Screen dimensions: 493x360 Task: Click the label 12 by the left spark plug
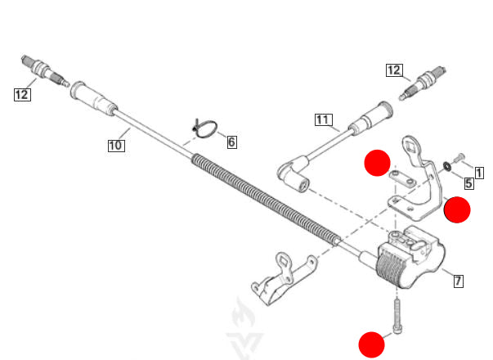coord(23,95)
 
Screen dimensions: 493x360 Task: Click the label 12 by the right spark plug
coord(394,70)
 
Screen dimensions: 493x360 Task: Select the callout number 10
coord(116,146)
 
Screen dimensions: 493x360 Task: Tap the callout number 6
coord(232,142)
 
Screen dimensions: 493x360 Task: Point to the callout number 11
coord(324,119)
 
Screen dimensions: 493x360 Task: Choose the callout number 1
coord(479,173)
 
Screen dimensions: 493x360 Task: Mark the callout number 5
coord(468,183)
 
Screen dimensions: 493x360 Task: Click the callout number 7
coord(458,281)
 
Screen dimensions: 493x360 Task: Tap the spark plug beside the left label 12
coord(45,71)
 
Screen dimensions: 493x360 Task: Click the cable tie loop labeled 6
coord(205,128)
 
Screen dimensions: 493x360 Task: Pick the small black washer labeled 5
coord(446,166)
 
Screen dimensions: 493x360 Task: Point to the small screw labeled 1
coord(459,157)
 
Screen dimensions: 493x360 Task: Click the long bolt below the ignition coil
coord(397,316)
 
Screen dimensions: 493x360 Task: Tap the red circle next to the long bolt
coord(372,344)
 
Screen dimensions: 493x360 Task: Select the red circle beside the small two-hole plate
coord(377,163)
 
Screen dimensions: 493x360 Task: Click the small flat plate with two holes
coord(403,178)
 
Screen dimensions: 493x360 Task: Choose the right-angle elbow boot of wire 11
coord(293,173)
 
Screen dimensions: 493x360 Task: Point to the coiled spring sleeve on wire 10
coord(266,199)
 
